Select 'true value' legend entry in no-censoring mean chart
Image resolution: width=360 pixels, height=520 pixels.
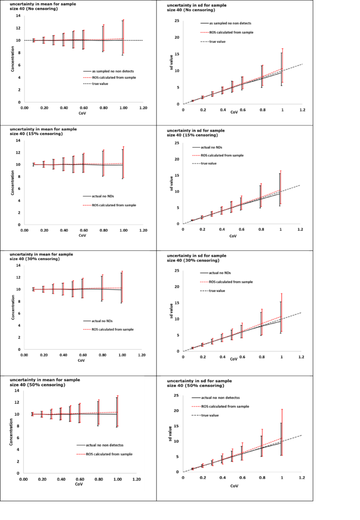(x=100, y=83)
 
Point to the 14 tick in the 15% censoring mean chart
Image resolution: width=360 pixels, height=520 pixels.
(x=18, y=141)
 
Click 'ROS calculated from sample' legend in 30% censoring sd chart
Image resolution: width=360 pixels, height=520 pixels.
(x=226, y=281)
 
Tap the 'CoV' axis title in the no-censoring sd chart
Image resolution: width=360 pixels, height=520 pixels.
(x=234, y=111)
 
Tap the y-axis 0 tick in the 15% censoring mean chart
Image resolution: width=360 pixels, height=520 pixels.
(x=19, y=224)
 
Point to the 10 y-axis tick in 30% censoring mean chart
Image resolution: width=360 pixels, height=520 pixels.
(x=18, y=289)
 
